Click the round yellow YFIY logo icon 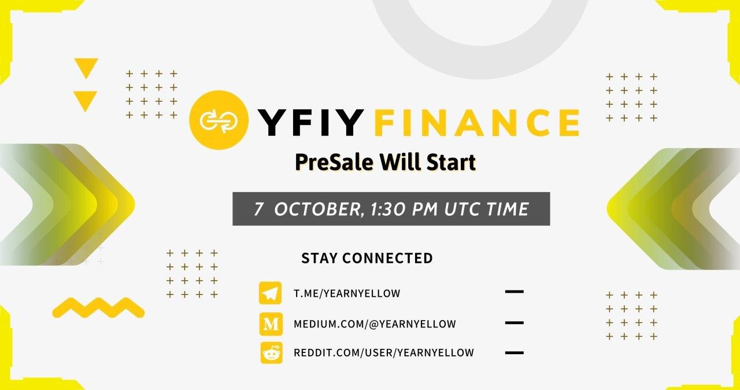[x=219, y=120]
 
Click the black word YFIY [x=310, y=122]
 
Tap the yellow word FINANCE [x=477, y=122]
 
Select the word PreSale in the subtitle [x=334, y=162]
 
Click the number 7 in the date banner [x=258, y=209]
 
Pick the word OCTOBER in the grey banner [x=319, y=209]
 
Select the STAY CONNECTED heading [x=367, y=258]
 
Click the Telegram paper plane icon [x=270, y=293]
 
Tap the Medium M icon [x=271, y=324]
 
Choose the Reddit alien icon [x=271, y=352]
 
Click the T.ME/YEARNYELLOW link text [x=347, y=293]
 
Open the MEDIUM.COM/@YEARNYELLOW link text [x=375, y=324]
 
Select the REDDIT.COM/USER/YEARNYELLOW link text [x=383, y=352]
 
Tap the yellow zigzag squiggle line [x=98, y=308]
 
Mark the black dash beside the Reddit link [x=515, y=352]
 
